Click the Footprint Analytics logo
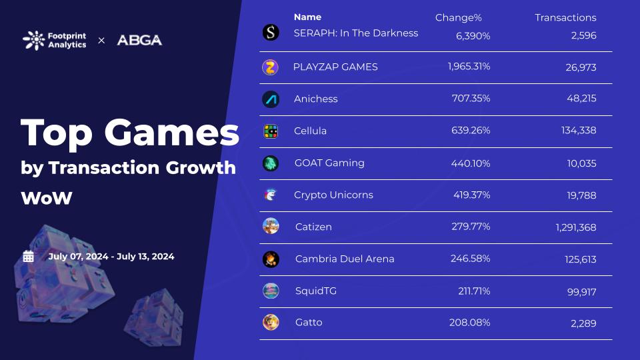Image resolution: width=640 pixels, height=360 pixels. coord(54,40)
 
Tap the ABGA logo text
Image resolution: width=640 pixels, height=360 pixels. coord(139,40)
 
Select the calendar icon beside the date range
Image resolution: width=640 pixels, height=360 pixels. coord(28,256)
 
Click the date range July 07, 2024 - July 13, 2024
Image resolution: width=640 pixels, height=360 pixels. coord(111,256)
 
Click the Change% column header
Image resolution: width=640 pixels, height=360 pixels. coord(458,17)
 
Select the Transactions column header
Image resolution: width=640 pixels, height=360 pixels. coord(565,17)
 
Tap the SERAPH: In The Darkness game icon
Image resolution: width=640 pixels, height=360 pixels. coord(271,33)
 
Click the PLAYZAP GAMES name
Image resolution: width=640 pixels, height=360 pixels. coord(335,67)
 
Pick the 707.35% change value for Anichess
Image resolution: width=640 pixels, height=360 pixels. coord(471,99)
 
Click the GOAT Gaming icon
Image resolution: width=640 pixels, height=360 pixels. coord(271,163)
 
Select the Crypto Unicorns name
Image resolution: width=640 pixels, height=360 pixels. coord(333,195)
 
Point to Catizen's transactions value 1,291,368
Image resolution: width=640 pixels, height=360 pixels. coord(576,227)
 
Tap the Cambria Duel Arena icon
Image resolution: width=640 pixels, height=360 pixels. coord(271,259)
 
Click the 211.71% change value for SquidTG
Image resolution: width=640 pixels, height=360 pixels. coord(471,291)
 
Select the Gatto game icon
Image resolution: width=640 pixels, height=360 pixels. coord(271,323)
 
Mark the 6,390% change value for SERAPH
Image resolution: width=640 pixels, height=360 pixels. coord(473,35)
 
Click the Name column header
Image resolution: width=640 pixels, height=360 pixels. coord(307,17)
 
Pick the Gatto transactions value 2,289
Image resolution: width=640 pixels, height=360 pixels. coord(583,323)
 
